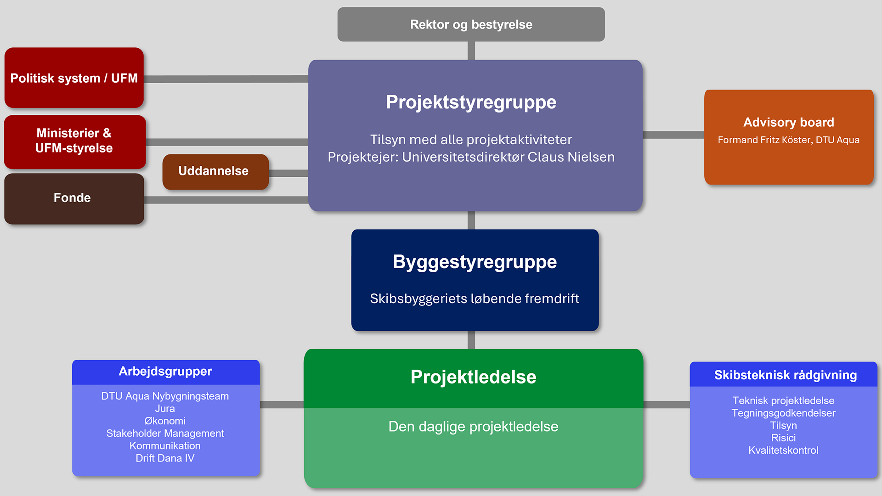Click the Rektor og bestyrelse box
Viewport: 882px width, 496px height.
point(471,24)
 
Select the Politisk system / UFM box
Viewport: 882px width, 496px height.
point(74,78)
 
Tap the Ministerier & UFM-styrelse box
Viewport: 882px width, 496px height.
point(74,141)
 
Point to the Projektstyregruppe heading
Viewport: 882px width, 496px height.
point(471,102)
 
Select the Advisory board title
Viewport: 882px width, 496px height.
point(788,122)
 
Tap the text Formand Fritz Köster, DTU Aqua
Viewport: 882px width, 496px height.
point(788,140)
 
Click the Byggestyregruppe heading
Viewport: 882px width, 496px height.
point(475,262)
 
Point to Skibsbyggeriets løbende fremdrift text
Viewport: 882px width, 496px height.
point(475,299)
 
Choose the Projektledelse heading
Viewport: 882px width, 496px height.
point(473,377)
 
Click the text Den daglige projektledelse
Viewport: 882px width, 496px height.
point(473,427)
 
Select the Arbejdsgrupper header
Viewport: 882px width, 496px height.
point(165,372)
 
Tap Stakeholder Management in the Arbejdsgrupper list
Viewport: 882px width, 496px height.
point(165,434)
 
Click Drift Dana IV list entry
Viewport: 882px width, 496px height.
point(165,458)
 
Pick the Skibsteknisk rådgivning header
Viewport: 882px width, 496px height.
point(785,375)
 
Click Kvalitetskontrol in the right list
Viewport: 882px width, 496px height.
point(783,451)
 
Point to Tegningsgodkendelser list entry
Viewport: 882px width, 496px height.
point(783,413)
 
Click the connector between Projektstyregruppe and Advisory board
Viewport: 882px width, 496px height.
point(673,135)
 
